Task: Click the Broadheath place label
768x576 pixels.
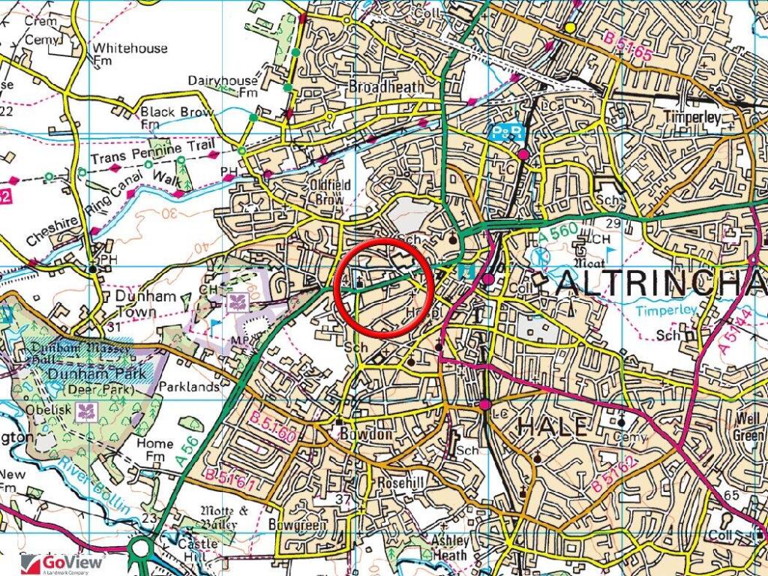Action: click(387, 87)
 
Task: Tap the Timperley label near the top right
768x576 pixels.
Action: click(691, 118)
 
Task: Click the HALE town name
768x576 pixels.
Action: click(552, 426)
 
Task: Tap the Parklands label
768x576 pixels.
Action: click(193, 387)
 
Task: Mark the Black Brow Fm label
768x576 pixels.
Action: click(175, 117)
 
